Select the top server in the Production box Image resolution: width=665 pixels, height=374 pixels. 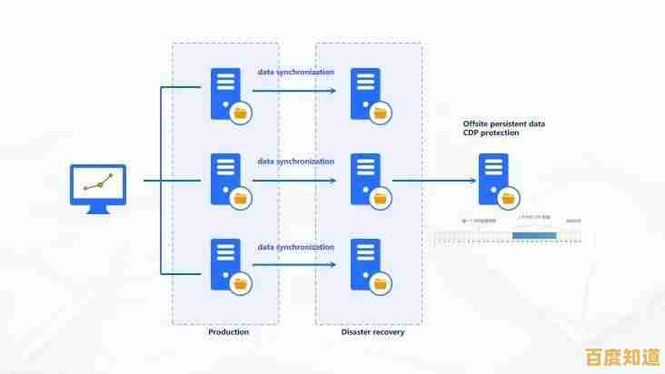(226, 93)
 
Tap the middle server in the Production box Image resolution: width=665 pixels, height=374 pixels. (226, 179)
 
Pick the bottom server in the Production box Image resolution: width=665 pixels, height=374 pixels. (226, 264)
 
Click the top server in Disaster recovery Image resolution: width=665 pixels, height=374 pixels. (365, 93)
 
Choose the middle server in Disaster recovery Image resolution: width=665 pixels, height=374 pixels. (365, 179)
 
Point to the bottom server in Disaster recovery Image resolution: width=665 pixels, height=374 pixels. (365, 264)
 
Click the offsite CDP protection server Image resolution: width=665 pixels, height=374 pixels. (493, 179)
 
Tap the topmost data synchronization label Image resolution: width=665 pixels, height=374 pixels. (295, 72)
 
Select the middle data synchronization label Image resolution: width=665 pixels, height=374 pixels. (295, 161)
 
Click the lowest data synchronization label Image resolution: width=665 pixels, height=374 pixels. (295, 246)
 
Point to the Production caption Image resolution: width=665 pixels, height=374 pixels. (228, 332)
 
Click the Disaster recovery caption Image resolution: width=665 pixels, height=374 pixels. (372, 332)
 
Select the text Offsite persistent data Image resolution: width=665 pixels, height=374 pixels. (503, 123)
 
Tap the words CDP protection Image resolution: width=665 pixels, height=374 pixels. (491, 133)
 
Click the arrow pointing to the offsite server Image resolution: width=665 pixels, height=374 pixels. (435, 181)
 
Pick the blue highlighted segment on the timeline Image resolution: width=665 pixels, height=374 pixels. (533, 236)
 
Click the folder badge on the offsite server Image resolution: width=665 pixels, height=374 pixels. (508, 197)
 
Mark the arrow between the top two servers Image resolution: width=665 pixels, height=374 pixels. (294, 90)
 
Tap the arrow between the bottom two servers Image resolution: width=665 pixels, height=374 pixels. (294, 265)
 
